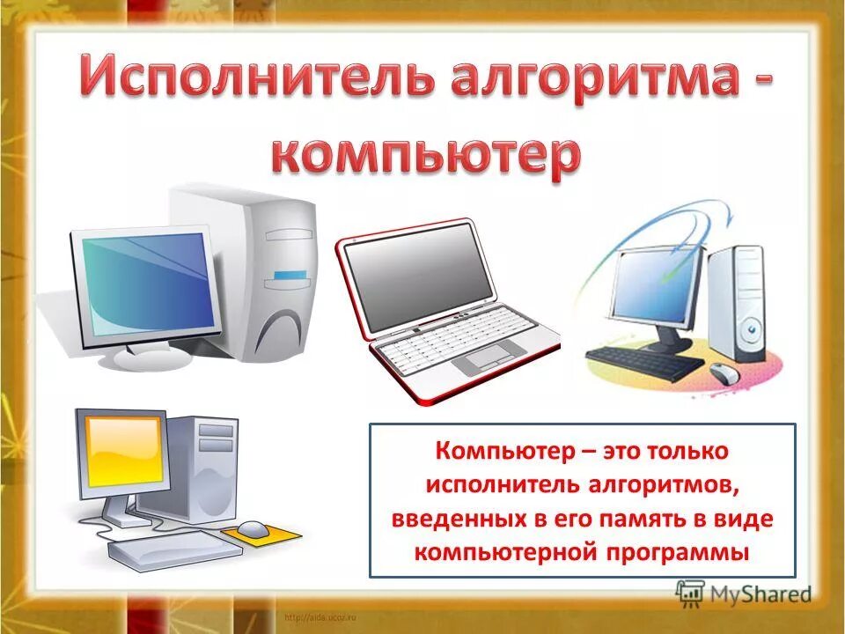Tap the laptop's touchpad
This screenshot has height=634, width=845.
[x=494, y=357]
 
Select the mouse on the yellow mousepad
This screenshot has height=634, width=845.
[x=254, y=528]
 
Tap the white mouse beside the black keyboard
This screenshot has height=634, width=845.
[x=724, y=372]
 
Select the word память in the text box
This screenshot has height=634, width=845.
[x=622, y=520]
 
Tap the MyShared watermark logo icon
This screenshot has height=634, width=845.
[x=690, y=593]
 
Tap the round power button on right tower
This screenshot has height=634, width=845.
[x=750, y=331]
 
